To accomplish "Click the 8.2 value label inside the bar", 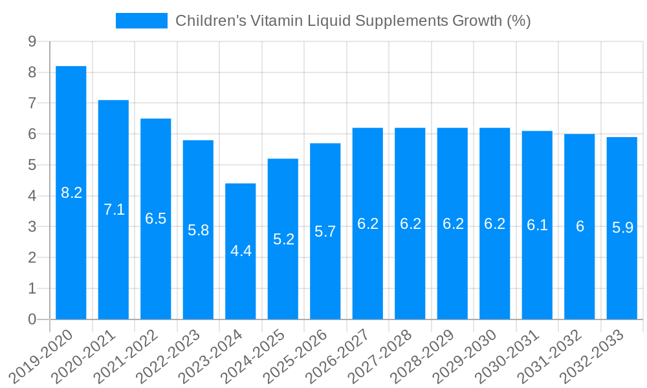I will pos(71,193).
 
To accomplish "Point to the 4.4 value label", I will pos(241,252).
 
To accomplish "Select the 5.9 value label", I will pos(622,228).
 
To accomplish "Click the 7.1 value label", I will pos(114,210).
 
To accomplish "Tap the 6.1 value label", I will pos(537,225).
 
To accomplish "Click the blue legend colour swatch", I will pos(141,21).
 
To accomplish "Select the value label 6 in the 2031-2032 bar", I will pos(580,227).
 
